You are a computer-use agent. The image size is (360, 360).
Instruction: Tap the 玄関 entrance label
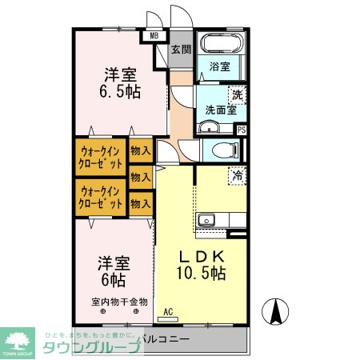click(181, 49)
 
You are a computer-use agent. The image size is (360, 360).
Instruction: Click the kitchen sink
click(206, 219)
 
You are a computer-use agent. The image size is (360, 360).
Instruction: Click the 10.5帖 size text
click(201, 274)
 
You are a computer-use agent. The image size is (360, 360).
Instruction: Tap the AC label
click(168, 312)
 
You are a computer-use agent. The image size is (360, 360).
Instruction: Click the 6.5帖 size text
click(121, 91)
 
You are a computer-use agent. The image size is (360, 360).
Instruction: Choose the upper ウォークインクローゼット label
click(101, 155)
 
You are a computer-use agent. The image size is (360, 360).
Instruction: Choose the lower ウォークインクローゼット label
click(101, 197)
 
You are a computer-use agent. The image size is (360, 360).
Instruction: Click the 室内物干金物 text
click(119, 302)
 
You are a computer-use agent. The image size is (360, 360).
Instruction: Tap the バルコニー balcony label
click(165, 339)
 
